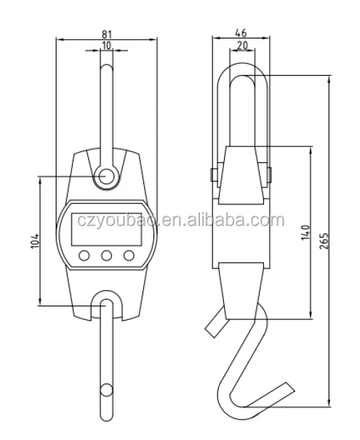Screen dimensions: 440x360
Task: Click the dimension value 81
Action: coord(106,33)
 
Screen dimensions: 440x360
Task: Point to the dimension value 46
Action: coord(240,33)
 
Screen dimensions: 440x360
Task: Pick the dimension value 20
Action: coord(240,46)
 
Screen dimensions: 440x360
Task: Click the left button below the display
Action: coord(85,255)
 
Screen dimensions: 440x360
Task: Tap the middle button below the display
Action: coord(107,255)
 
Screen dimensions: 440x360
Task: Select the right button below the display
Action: coord(129,255)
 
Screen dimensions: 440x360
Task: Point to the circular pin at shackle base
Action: coord(107,175)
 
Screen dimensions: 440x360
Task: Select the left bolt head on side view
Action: coord(211,175)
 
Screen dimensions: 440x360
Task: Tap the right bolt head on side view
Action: coord(269,175)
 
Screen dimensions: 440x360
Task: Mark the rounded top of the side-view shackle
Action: coord(241,66)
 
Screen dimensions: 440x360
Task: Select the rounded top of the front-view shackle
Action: coord(107,68)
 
